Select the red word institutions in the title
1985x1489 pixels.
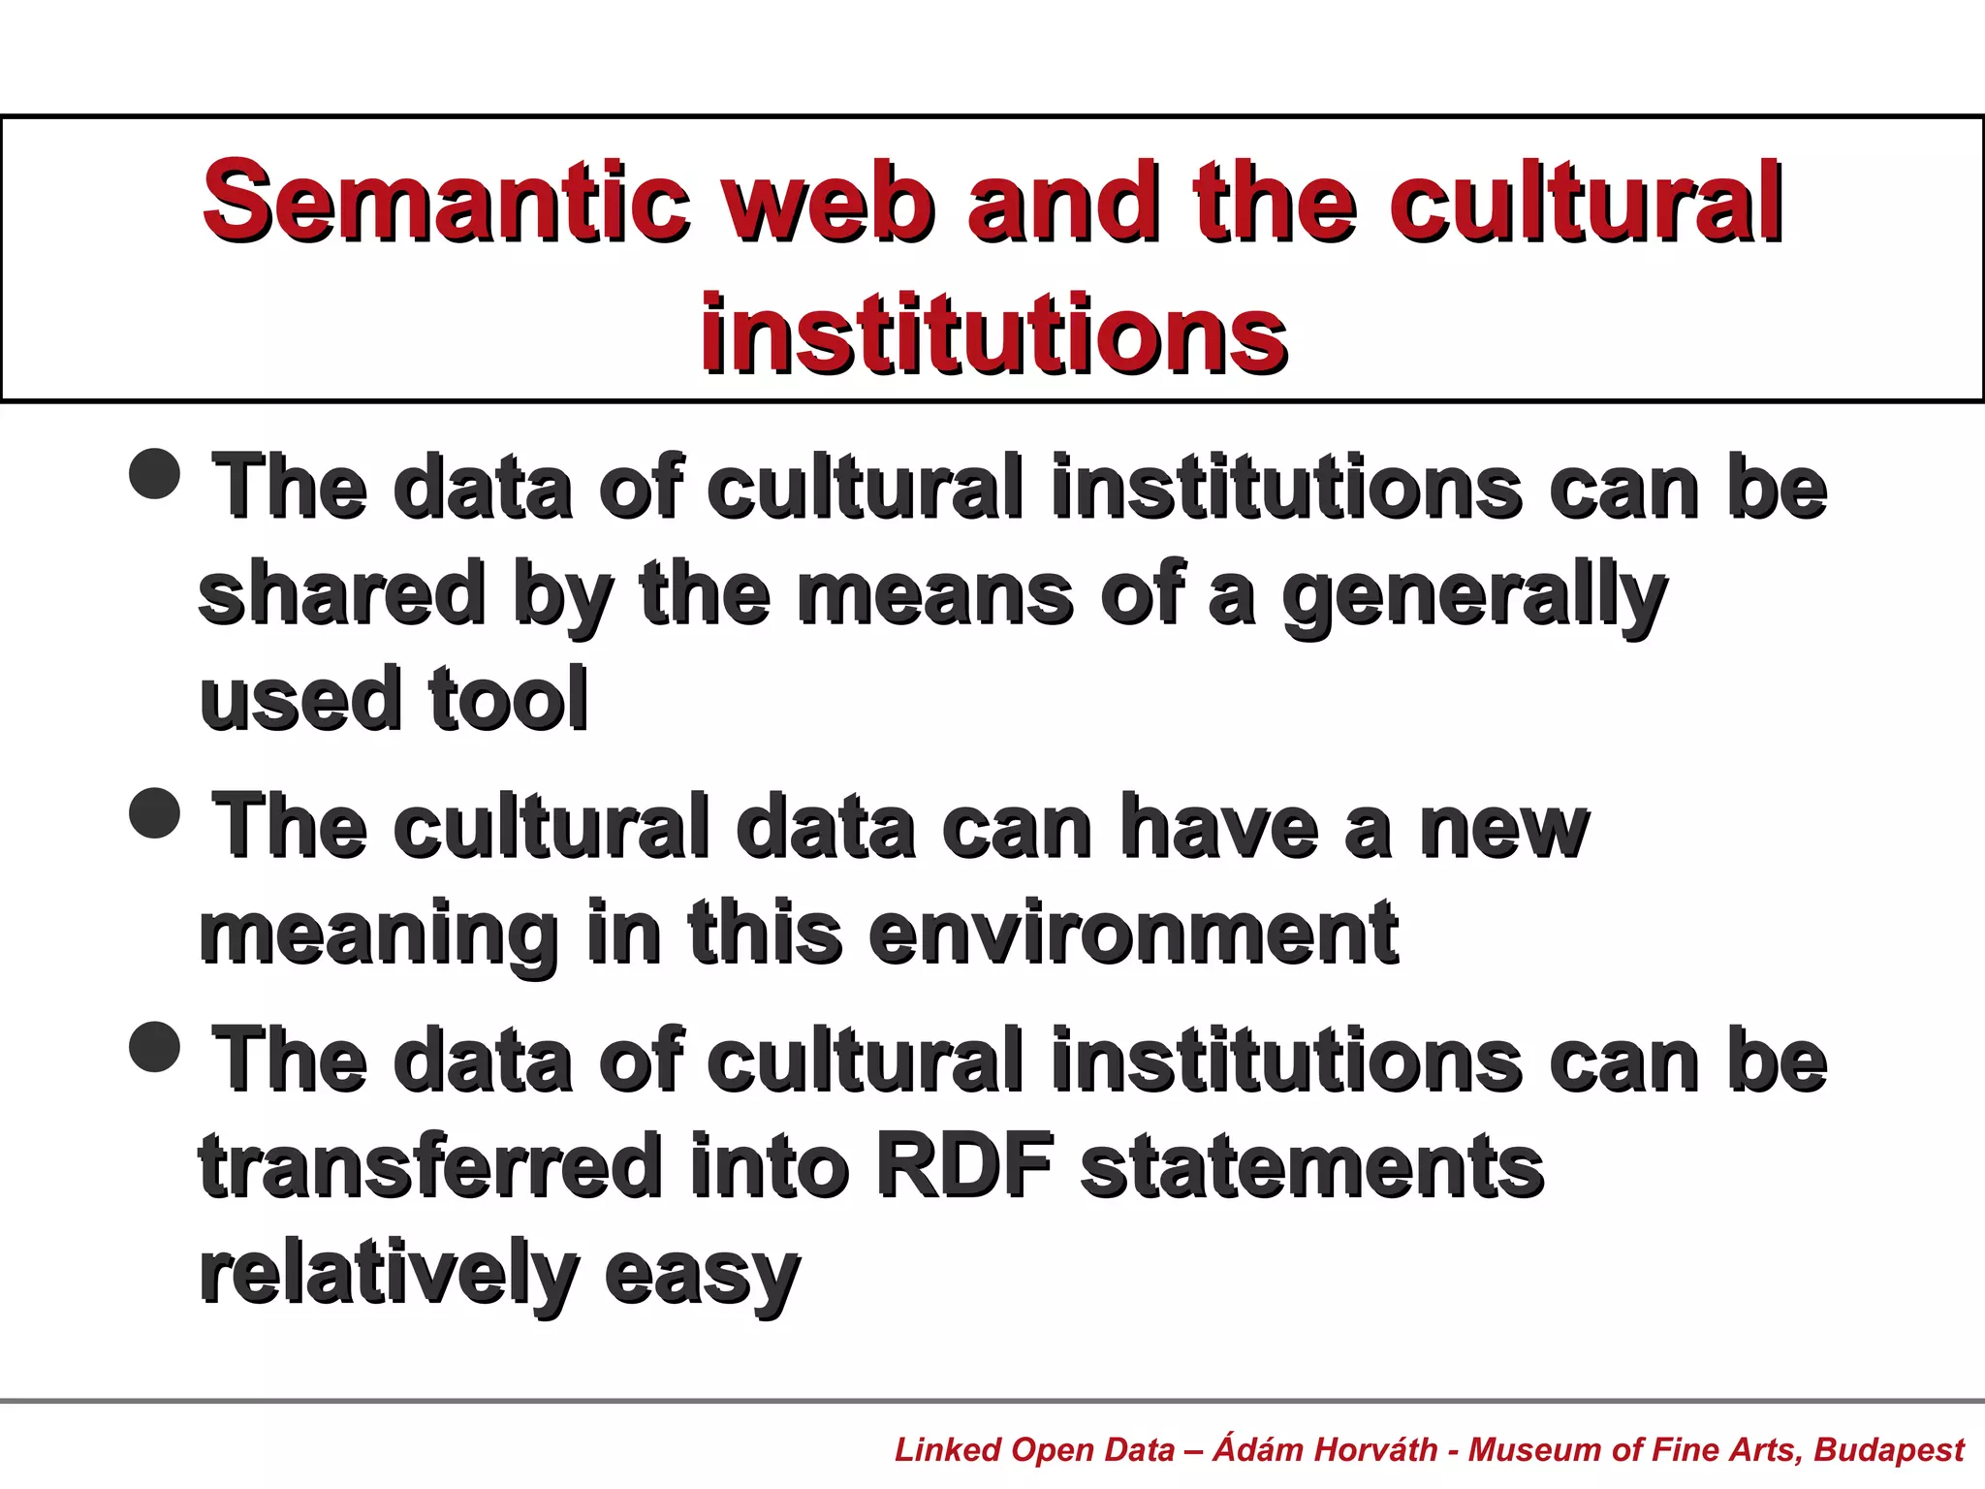(994, 334)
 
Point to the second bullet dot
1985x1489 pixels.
(155, 811)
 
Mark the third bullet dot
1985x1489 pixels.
(155, 1046)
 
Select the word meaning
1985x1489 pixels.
(379, 933)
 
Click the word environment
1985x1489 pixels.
(1134, 933)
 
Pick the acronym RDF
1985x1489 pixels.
(964, 1166)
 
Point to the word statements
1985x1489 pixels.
(1312, 1166)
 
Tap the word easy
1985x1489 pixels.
(703, 1274)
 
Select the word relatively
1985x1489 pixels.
(389, 1272)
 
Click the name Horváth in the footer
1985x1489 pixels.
(1376, 1449)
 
